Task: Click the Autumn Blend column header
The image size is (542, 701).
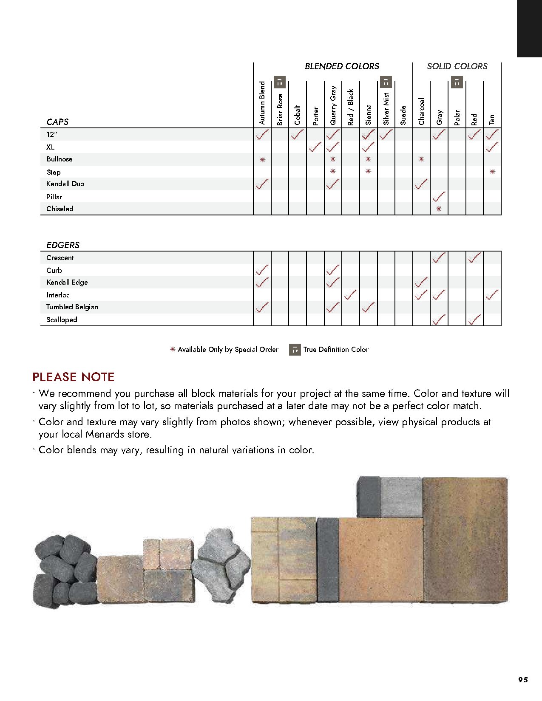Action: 262,103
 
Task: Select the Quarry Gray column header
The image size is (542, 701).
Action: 333,105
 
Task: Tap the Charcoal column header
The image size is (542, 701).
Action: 421,111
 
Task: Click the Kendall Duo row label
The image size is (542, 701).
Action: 65,184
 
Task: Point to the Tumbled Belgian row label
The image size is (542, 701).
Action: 72,307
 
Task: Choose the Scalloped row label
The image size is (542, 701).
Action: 62,320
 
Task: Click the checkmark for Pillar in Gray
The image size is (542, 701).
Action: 439,197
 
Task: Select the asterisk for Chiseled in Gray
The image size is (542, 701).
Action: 439,209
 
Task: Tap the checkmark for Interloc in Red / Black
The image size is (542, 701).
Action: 350,294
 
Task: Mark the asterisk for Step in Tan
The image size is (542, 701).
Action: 492,172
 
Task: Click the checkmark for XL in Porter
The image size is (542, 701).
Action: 315,147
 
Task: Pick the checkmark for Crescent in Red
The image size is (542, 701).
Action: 474,257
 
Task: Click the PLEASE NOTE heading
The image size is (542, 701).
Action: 74,377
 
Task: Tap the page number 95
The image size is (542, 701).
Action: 523,680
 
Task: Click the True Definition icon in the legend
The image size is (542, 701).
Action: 295,350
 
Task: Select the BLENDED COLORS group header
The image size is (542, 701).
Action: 342,66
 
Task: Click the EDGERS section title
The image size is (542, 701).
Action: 63,245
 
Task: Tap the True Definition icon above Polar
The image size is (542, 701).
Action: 457,82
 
